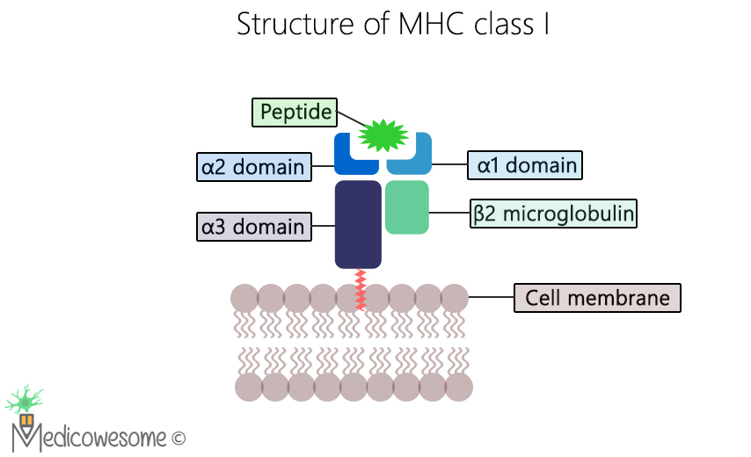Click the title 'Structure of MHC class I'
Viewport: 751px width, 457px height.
click(393, 25)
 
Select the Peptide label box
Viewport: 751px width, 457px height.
click(295, 112)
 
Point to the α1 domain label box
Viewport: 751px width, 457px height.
click(527, 164)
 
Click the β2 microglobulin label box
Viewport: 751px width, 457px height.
click(553, 214)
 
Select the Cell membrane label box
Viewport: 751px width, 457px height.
click(597, 298)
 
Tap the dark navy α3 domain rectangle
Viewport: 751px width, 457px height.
click(358, 224)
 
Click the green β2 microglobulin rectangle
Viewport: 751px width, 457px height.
click(407, 207)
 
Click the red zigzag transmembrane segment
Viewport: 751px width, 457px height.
click(360, 290)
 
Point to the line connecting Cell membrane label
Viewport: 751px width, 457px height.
click(491, 298)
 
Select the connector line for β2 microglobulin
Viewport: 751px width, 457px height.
click(449, 214)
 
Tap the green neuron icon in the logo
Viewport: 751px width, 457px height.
click(25, 401)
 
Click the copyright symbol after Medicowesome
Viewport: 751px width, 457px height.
click(179, 437)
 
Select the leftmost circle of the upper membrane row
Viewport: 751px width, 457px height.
click(244, 298)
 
